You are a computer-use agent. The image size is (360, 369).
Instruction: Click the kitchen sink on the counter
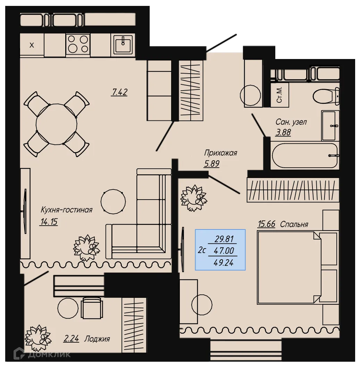123,45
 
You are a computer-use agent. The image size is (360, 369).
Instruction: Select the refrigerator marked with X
32,45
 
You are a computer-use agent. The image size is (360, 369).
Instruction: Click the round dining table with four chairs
56,124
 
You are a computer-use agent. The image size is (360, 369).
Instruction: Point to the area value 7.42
119,92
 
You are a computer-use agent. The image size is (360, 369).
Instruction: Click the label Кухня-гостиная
67,210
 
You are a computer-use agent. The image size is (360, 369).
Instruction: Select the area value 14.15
48,222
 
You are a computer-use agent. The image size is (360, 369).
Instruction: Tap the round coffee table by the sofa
113,200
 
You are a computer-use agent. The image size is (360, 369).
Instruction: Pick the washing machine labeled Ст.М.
279,95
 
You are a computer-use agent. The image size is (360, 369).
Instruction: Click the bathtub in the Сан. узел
304,156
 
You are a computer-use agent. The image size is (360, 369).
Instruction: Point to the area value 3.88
283,132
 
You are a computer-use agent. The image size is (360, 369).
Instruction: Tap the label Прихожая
220,153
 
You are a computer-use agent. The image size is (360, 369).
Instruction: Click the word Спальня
294,224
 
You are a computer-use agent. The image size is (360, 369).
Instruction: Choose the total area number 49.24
224,262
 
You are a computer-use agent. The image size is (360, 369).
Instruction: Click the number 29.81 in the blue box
224,239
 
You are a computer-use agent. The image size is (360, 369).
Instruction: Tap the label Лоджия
97,339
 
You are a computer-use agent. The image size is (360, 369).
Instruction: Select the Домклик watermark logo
42,354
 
